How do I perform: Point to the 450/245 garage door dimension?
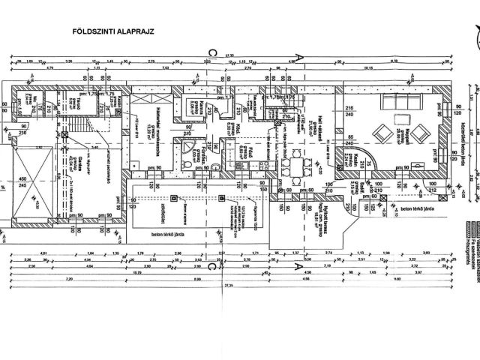click(22, 182)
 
